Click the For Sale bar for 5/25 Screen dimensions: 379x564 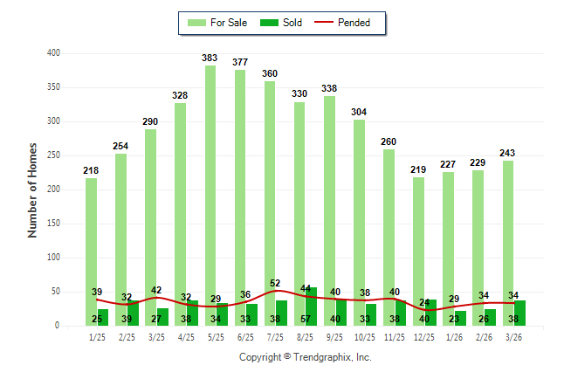pyautogui.click(x=210, y=192)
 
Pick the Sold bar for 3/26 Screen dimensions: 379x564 pyautogui.click(x=520, y=313)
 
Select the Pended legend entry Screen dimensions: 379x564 pyautogui.click(x=346, y=23)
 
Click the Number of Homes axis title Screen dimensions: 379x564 pyautogui.click(x=33, y=189)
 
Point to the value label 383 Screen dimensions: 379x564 pyautogui.click(x=210, y=59)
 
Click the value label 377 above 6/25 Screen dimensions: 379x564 pyautogui.click(x=240, y=63)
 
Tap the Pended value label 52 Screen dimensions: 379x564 pyautogui.click(x=276, y=283)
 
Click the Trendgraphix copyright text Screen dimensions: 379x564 pyautogui.click(x=305, y=357)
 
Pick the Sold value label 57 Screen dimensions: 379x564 pyautogui.click(x=306, y=320)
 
